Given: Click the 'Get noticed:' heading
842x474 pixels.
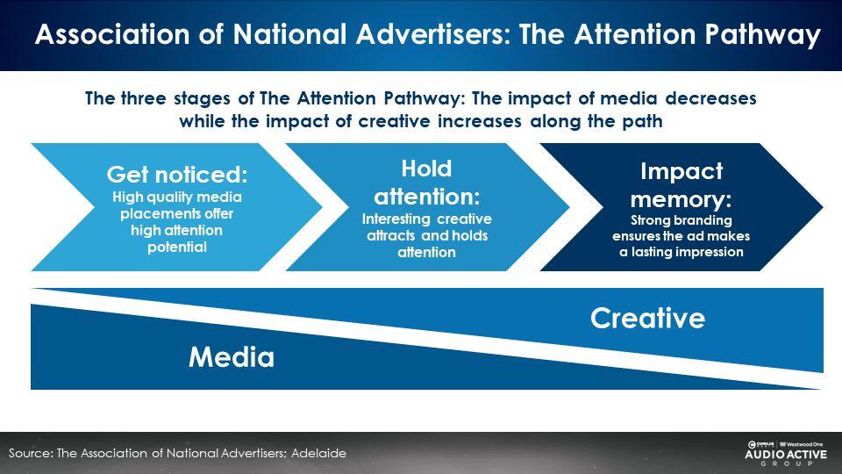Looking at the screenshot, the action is [177, 174].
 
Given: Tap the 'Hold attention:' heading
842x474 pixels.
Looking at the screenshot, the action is [427, 183].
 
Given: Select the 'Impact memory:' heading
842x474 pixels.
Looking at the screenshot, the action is [681, 185].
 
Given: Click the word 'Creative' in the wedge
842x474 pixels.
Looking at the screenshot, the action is [647, 318].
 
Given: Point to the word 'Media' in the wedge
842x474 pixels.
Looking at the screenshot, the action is [232, 357].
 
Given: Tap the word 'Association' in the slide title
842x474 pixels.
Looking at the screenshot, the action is [112, 34].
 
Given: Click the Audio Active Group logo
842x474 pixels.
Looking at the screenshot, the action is [786, 454].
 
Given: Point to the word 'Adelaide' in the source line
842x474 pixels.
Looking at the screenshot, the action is [318, 453].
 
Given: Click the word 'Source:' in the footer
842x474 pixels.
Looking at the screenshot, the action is [31, 453].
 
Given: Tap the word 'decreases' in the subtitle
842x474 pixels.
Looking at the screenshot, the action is [710, 98].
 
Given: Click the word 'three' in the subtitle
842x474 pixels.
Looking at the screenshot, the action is [143, 98].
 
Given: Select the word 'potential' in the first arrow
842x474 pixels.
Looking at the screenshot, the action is [177, 248].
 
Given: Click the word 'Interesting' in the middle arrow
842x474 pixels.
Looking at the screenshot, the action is [396, 219].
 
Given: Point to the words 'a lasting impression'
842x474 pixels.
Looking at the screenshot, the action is [681, 252].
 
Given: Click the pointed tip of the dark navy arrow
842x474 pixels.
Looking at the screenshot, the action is [822, 207].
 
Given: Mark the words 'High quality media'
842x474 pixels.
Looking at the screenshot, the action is [177, 197].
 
